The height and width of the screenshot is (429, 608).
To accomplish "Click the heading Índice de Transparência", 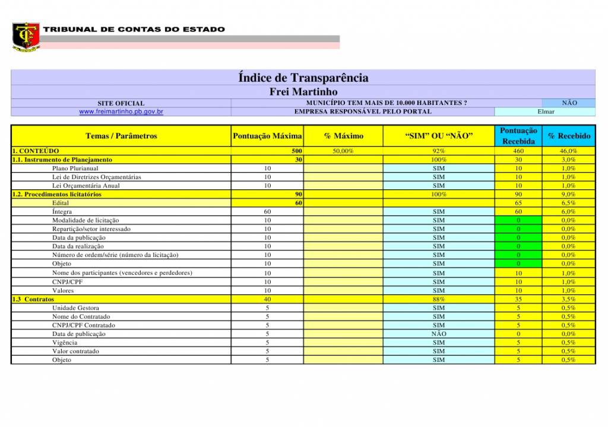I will (x=303, y=78).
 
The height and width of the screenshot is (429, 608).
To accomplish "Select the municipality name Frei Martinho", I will (x=303, y=92).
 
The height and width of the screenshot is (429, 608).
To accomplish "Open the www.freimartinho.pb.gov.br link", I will (x=121, y=112).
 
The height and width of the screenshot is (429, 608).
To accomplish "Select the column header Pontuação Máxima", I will (x=267, y=136).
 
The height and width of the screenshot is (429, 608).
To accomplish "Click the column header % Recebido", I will (x=569, y=136).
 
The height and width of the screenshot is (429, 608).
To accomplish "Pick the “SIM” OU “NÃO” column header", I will (x=438, y=136).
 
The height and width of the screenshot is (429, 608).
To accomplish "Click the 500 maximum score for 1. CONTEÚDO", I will (x=297, y=151).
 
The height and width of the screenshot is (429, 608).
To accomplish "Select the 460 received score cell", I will (x=518, y=151).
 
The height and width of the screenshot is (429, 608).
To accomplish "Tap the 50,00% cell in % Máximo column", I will (x=343, y=151).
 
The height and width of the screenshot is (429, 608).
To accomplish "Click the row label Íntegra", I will (x=62, y=212).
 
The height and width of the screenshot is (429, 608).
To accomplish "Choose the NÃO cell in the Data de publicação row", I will (x=438, y=334).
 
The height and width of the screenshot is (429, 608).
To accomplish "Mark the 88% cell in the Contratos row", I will (x=438, y=300).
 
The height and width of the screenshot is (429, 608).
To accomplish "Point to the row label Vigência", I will (x=65, y=343).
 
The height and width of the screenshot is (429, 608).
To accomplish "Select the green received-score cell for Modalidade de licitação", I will (x=518, y=221).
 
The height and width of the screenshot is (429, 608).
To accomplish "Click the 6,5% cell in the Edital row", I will (x=569, y=203).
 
